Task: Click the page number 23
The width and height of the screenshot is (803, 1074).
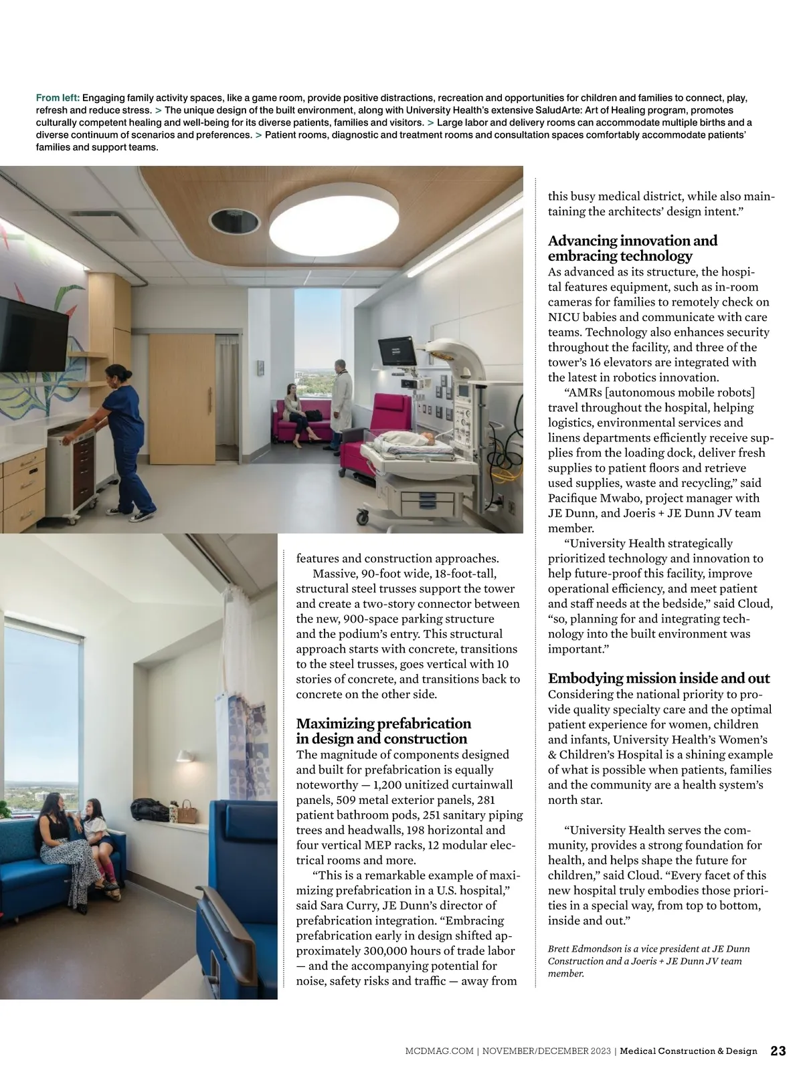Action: coord(778,1051)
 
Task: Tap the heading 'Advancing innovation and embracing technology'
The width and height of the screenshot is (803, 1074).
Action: coord(632,248)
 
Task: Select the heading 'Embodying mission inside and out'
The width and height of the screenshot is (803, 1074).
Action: coord(658,678)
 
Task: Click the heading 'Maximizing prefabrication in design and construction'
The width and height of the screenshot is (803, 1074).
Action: coord(383,731)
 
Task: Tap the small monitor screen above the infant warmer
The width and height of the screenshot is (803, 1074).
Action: coord(395,351)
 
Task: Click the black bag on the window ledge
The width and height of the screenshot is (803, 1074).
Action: coord(149,810)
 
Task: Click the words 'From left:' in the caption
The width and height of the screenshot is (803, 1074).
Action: coord(58,98)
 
